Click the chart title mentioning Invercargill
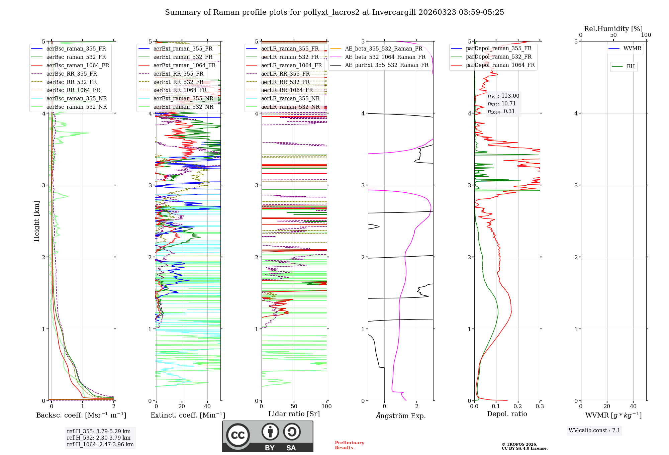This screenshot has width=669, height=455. [x=334, y=12]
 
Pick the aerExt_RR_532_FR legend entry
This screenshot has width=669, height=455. [x=178, y=82]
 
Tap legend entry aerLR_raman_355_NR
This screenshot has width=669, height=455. [x=290, y=99]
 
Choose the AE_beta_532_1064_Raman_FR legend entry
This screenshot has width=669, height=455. [x=385, y=57]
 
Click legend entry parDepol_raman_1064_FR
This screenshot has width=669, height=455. [x=500, y=65]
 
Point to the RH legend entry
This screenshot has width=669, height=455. [x=631, y=67]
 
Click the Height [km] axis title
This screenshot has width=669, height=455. [x=36, y=221]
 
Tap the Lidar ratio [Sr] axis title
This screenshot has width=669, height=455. [x=294, y=414]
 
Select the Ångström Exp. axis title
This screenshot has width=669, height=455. [x=400, y=416]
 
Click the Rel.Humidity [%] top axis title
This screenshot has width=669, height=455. [x=613, y=29]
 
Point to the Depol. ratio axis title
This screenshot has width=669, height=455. [x=507, y=414]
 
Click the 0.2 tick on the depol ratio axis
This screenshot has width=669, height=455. [x=518, y=406]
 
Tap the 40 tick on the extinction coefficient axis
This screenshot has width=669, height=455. [x=207, y=406]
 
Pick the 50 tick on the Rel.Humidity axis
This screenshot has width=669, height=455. [x=613, y=35]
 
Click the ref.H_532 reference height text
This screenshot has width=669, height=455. [x=98, y=438]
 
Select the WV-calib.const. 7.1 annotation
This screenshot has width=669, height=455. [x=594, y=431]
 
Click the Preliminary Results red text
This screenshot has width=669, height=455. [x=349, y=445]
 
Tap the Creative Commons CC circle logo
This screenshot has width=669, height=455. [x=238, y=435]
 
